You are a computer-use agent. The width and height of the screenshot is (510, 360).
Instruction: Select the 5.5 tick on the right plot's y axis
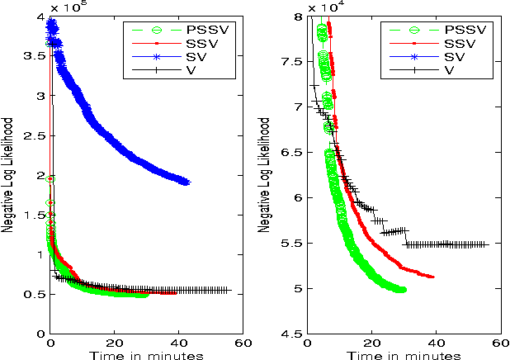click(290, 244)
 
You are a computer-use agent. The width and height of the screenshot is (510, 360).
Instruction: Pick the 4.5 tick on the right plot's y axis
click(290, 334)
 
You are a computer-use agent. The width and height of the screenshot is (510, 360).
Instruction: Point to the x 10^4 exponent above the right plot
click(326, 7)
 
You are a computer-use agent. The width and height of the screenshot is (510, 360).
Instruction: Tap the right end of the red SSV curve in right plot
click(433, 277)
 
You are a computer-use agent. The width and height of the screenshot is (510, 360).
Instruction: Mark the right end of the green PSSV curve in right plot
click(404, 289)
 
